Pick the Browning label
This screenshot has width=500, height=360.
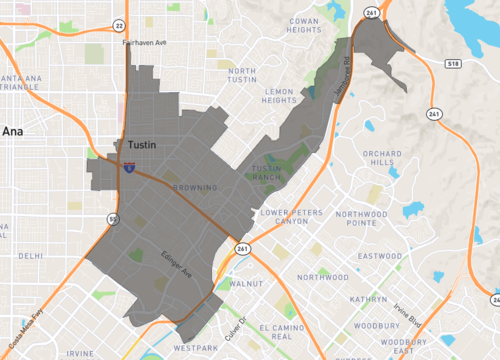pos(196,187)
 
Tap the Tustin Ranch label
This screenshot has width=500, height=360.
pos(271,173)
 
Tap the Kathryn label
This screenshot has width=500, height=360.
pos(368,299)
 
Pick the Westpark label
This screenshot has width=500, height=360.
pos(194,348)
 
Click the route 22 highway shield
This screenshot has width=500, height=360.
pos(119,26)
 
